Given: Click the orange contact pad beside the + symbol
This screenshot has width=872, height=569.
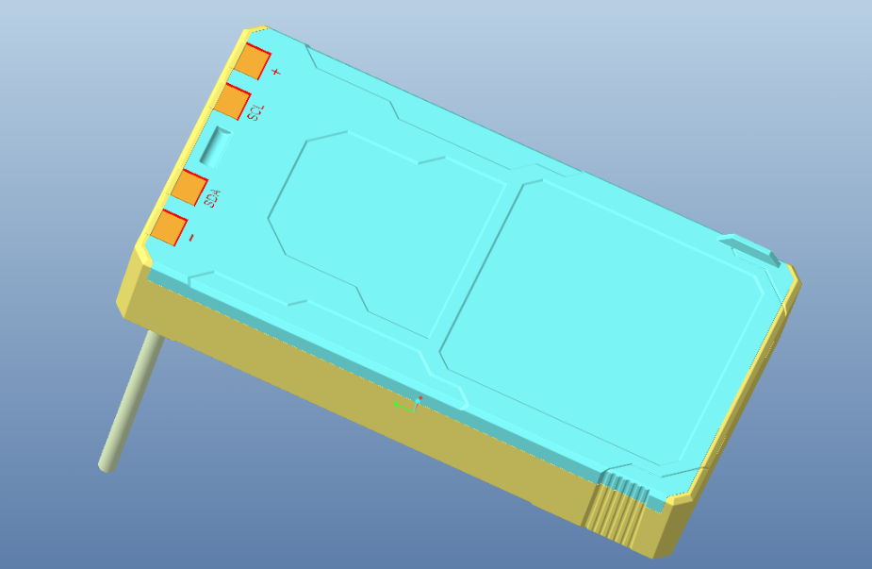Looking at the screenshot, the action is click(x=252, y=60).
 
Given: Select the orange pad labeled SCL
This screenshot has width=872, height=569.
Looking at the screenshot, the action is click(x=232, y=101).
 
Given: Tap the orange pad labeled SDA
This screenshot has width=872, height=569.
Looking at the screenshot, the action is click(x=189, y=188).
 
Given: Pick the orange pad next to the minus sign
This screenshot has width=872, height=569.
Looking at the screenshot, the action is click(x=169, y=227).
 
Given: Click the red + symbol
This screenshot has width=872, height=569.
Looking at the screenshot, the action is click(x=276, y=72).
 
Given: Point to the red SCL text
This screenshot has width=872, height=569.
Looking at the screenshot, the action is click(x=256, y=112).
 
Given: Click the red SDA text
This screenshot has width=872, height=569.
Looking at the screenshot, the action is click(x=212, y=199).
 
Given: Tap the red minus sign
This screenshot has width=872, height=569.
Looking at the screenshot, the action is click(x=191, y=238).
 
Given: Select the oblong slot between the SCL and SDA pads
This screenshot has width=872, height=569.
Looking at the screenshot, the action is click(x=215, y=147).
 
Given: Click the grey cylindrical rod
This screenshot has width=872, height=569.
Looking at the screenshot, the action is click(x=131, y=401).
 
